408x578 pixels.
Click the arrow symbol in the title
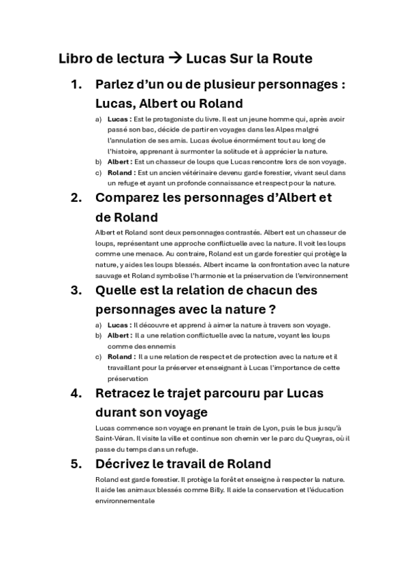point(174,59)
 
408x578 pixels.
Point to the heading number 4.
point(76,394)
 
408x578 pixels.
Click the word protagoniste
point(163,119)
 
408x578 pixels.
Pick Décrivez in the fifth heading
point(127,464)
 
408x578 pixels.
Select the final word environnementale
point(125,501)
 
